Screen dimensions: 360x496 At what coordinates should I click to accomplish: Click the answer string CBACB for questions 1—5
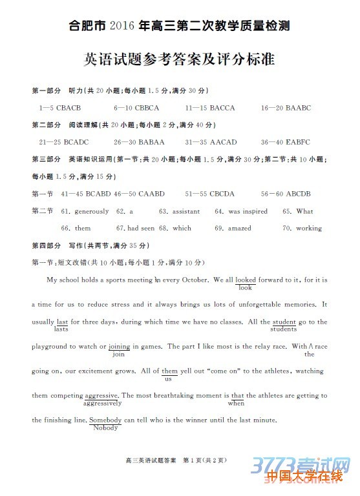(69, 108)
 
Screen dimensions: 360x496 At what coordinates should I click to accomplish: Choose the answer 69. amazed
(233, 228)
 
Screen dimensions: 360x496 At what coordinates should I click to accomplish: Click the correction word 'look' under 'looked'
(245, 288)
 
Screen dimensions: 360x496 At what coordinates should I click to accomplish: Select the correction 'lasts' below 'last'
(61, 329)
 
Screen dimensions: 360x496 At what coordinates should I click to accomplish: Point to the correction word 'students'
(283, 329)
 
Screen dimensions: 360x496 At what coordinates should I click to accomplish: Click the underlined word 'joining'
(120, 346)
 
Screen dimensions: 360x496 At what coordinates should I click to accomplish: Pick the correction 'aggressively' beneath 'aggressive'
(102, 403)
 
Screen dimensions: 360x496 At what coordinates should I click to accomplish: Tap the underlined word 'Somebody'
(105, 420)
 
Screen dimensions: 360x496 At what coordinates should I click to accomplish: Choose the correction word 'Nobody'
(105, 428)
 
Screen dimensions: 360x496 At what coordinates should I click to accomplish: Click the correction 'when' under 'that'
(236, 403)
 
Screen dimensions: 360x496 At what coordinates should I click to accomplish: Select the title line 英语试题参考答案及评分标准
(180, 59)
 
